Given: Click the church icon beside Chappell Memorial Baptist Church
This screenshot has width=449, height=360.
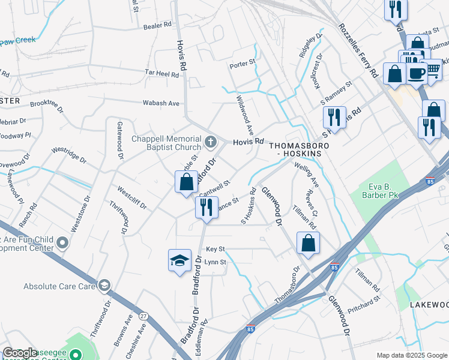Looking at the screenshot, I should click(210, 142).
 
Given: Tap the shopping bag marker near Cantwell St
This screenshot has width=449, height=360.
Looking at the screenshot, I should click(187, 181).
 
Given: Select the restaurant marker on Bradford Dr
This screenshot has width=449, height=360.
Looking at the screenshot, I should click(206, 208).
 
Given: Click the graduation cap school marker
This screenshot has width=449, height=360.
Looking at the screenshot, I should click(178, 260).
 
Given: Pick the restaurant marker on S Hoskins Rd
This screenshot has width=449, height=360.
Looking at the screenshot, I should click(334, 116).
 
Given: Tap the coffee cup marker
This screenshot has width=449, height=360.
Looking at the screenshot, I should click(417, 73).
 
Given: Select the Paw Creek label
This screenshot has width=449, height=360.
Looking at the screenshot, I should click(18, 40).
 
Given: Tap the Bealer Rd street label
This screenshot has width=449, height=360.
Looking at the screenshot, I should click(158, 26).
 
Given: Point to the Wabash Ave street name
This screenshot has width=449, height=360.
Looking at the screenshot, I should click(161, 103).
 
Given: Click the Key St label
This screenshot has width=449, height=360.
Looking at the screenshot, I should click(215, 248).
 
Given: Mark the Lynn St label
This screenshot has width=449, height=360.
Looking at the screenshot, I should click(215, 262).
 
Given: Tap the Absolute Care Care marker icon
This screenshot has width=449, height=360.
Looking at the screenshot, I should click(105, 286).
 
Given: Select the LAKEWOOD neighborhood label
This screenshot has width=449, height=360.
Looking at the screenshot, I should click(429, 305).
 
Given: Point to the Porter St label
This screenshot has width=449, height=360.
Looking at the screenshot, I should click(243, 61).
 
